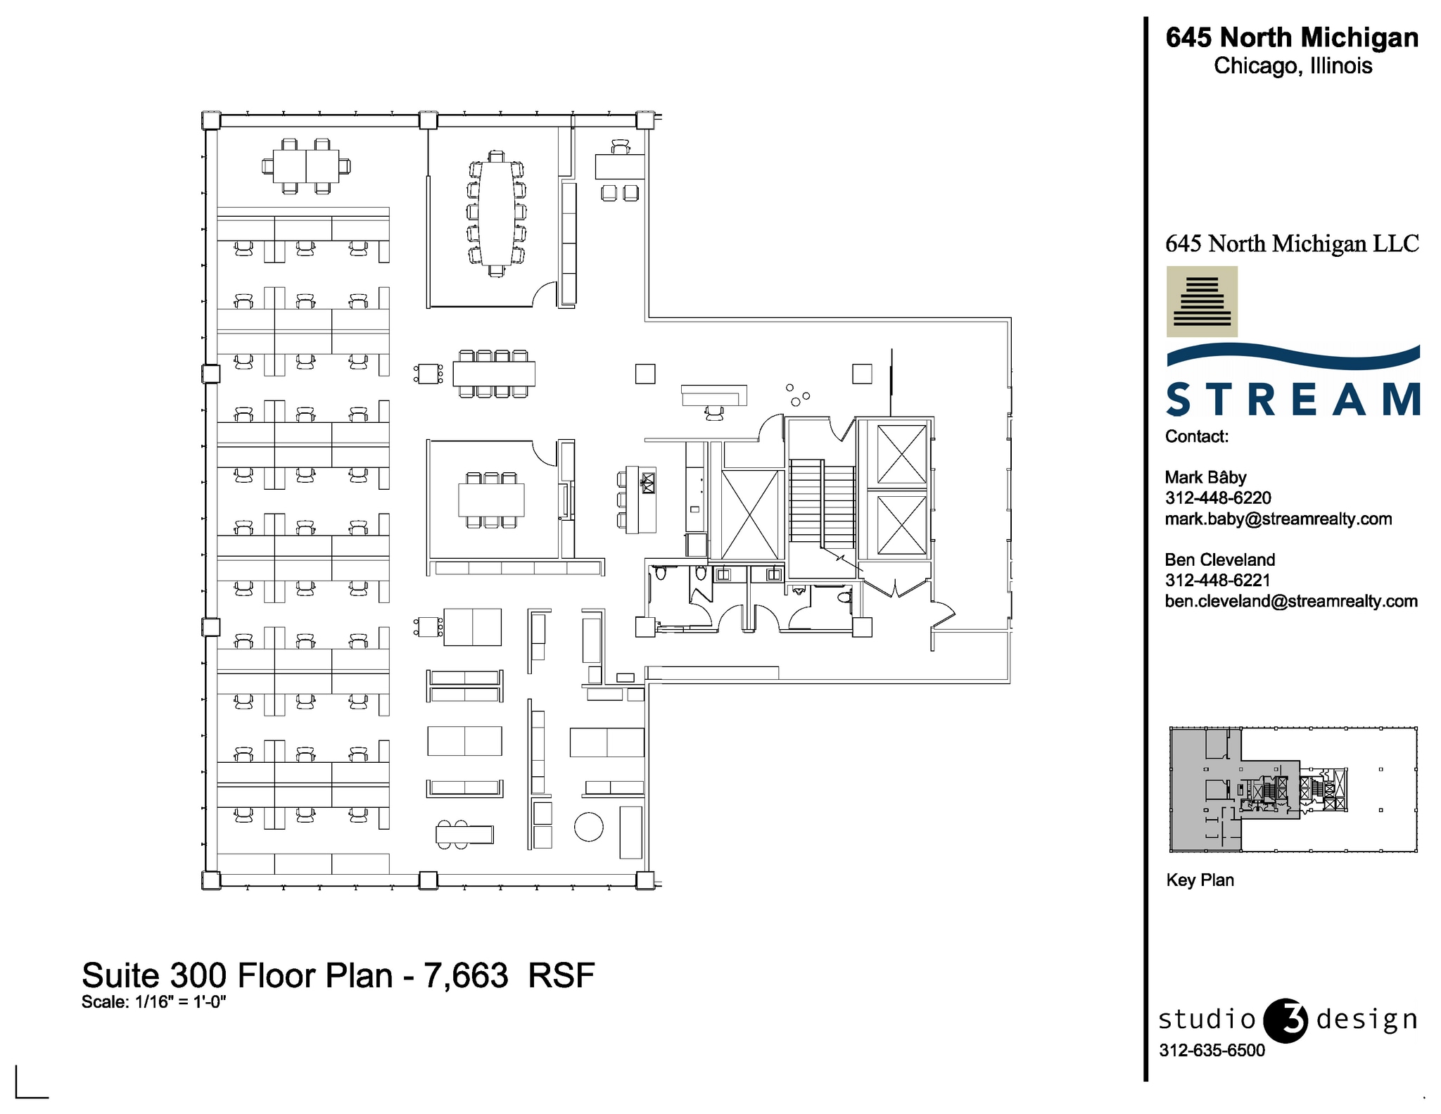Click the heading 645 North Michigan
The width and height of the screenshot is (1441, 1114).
point(1292,37)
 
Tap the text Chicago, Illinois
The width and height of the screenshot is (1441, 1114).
point(1293,66)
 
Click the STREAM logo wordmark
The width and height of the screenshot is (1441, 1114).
point(1293,400)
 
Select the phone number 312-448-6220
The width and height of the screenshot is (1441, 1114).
point(1218,498)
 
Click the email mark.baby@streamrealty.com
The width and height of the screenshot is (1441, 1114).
point(1278,519)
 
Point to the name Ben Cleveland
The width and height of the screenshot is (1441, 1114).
point(1219,560)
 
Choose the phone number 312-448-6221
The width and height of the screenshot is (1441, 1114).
point(1217,581)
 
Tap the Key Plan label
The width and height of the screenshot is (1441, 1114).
point(1200,880)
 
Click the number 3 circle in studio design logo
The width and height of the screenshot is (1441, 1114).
point(1286,1020)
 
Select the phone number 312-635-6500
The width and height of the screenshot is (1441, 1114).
point(1212,1051)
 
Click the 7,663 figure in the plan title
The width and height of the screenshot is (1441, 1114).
point(465,976)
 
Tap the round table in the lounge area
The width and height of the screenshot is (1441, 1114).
point(588,827)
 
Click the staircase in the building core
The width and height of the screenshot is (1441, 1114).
point(821,504)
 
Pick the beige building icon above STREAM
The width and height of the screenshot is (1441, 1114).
point(1202,301)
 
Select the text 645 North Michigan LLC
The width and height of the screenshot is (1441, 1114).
point(1292,244)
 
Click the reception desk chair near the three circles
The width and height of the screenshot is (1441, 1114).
point(714,413)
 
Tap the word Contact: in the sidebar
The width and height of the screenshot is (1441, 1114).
point(1196,437)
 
